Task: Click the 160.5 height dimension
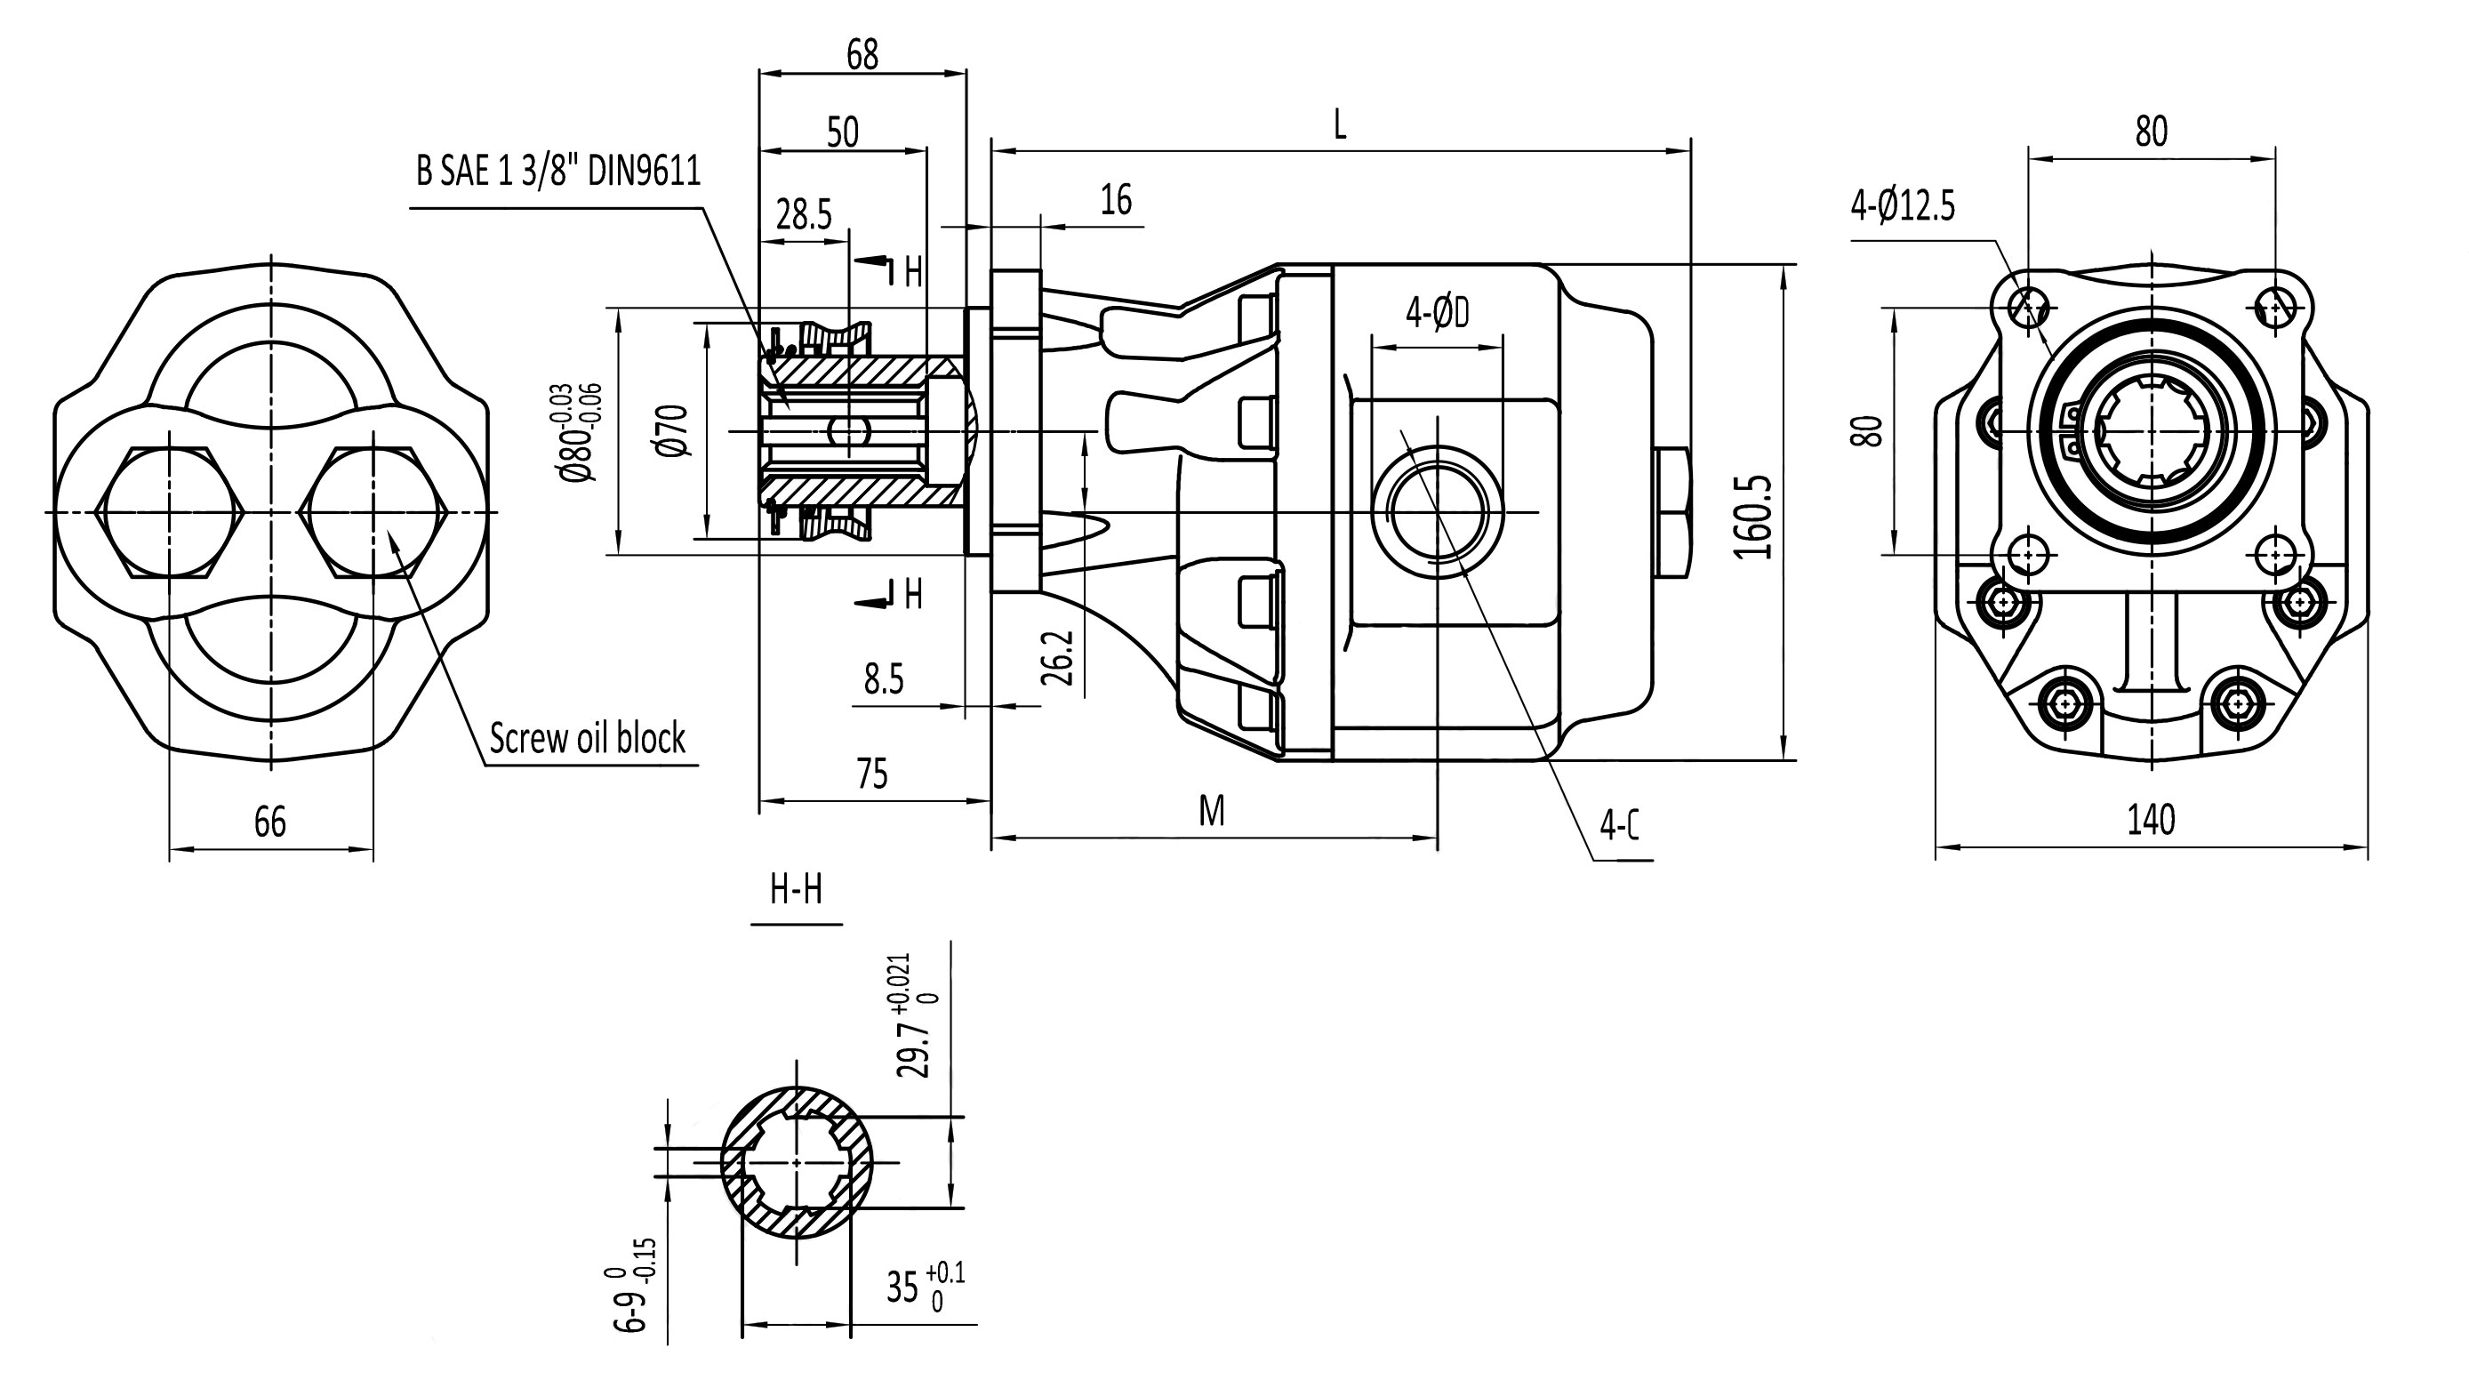click(x=1753, y=517)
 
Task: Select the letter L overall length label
click(x=1340, y=124)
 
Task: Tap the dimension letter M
click(x=1212, y=812)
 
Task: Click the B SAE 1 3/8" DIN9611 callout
click(x=557, y=172)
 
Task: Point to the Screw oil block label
click(x=587, y=739)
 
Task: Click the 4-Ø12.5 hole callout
click(x=1903, y=206)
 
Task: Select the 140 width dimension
click(x=2151, y=821)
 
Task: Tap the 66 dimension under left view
click(x=270, y=822)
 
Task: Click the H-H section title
click(x=796, y=891)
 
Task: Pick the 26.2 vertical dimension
click(x=1057, y=657)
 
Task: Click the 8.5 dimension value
click(x=883, y=679)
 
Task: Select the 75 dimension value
click(x=872, y=774)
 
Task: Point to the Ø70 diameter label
click(x=675, y=429)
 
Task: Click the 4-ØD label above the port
click(x=1437, y=312)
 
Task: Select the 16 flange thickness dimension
click(x=1116, y=200)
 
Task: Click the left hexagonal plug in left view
click(x=170, y=513)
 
